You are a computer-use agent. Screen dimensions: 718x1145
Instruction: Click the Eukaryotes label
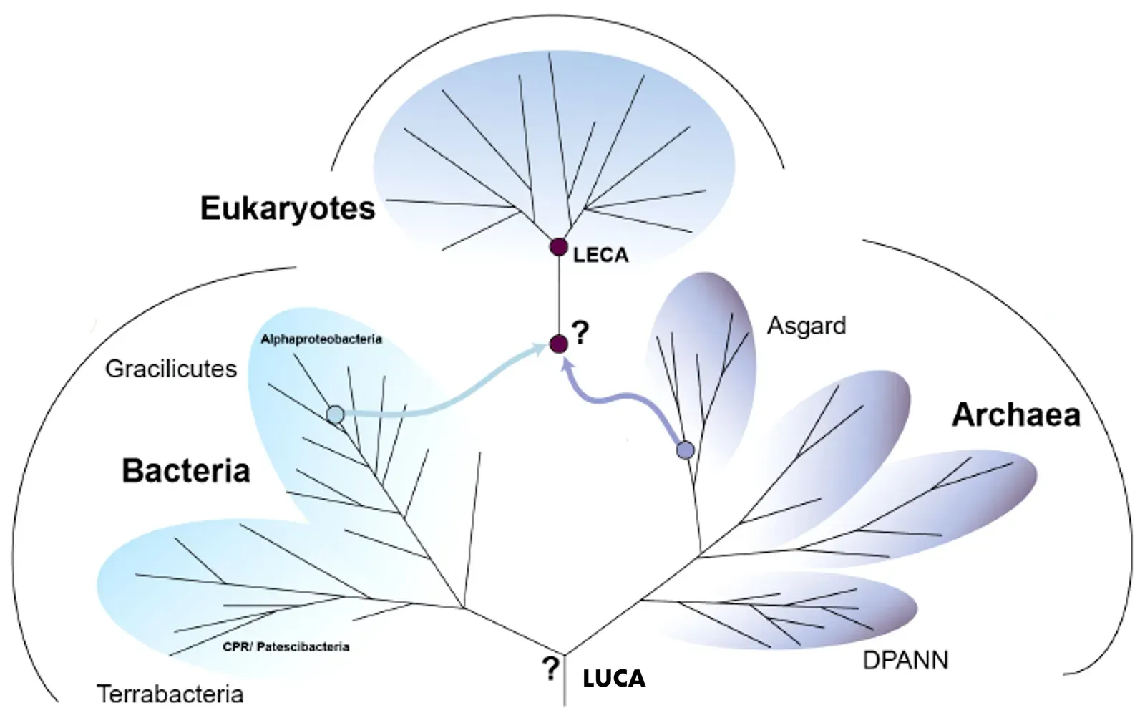click(x=288, y=209)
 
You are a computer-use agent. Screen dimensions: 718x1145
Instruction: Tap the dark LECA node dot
click(x=558, y=247)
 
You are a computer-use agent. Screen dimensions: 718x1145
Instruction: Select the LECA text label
click(x=600, y=255)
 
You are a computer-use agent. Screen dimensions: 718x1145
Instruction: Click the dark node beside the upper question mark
click(x=558, y=344)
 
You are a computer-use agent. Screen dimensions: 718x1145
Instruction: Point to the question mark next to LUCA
click(x=550, y=669)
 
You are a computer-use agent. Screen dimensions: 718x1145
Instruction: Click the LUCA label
click(x=613, y=678)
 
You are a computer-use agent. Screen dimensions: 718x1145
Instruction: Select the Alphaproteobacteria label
click(x=321, y=339)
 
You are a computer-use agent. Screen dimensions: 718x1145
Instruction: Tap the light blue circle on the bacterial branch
click(x=335, y=414)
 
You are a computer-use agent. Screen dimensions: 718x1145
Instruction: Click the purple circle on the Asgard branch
click(x=685, y=450)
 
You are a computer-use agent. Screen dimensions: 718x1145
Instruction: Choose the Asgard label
click(x=807, y=326)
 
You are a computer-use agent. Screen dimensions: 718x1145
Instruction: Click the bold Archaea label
click(x=1015, y=415)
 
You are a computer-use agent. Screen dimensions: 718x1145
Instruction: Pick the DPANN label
click(x=905, y=660)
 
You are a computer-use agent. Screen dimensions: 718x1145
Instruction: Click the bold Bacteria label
click(x=186, y=471)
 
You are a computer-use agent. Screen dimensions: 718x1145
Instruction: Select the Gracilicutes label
click(x=171, y=369)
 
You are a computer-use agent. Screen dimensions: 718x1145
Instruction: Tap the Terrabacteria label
click(x=170, y=694)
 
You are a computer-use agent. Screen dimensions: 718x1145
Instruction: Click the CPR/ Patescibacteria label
click(x=286, y=646)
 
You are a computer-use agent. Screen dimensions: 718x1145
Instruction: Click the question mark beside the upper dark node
click(x=580, y=332)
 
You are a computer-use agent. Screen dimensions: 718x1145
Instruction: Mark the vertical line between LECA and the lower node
click(x=558, y=295)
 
